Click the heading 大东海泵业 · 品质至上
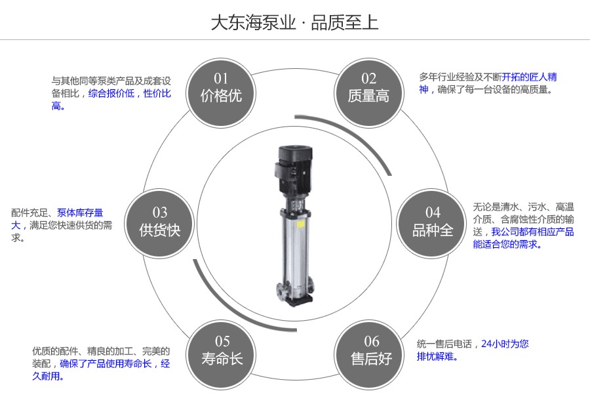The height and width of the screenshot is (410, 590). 294,23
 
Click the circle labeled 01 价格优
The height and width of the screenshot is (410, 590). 221,89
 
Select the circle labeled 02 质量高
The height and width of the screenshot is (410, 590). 368,89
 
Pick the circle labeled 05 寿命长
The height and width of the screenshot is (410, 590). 222,350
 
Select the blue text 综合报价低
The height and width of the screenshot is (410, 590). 111,93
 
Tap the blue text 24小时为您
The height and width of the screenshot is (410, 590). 505,344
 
